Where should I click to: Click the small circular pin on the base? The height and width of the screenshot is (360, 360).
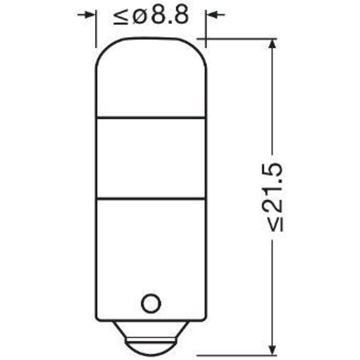click(151, 303)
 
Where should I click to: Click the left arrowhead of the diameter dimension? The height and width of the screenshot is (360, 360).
click(90, 15)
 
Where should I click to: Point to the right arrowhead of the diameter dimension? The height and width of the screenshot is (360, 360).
click(211, 15)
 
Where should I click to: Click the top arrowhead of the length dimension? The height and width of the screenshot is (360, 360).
click(272, 44)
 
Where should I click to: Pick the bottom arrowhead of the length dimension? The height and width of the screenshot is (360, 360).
click(272, 351)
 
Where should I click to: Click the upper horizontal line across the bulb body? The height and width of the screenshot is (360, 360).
click(151, 118)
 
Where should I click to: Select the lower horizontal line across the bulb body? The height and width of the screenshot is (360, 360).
click(151, 198)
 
